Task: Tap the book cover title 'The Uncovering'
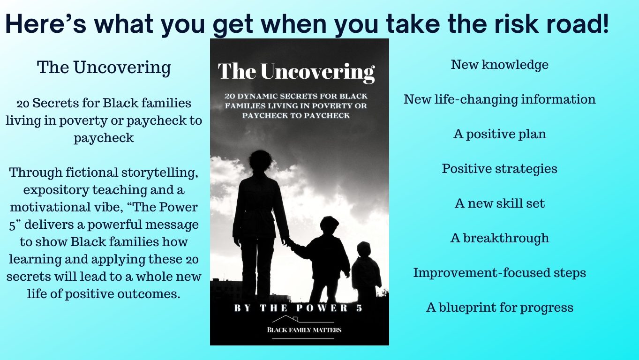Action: pyautogui.click(x=296, y=72)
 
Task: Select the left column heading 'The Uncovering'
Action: pyautogui.click(x=104, y=68)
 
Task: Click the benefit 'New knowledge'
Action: pyautogui.click(x=499, y=65)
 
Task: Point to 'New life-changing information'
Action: pyautogui.click(x=499, y=99)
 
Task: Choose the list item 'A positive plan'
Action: pyautogui.click(x=499, y=134)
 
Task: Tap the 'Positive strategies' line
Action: pyautogui.click(x=499, y=169)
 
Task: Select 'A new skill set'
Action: pyautogui.click(x=499, y=203)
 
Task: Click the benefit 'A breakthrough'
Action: pyautogui.click(x=499, y=238)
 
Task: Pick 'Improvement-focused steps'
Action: pyautogui.click(x=499, y=273)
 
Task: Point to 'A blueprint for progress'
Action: pyautogui.click(x=499, y=307)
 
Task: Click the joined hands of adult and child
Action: pyautogui.click(x=286, y=242)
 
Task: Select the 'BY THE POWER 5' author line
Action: pyautogui.click(x=298, y=308)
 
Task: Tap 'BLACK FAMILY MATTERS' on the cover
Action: pyautogui.click(x=304, y=330)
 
